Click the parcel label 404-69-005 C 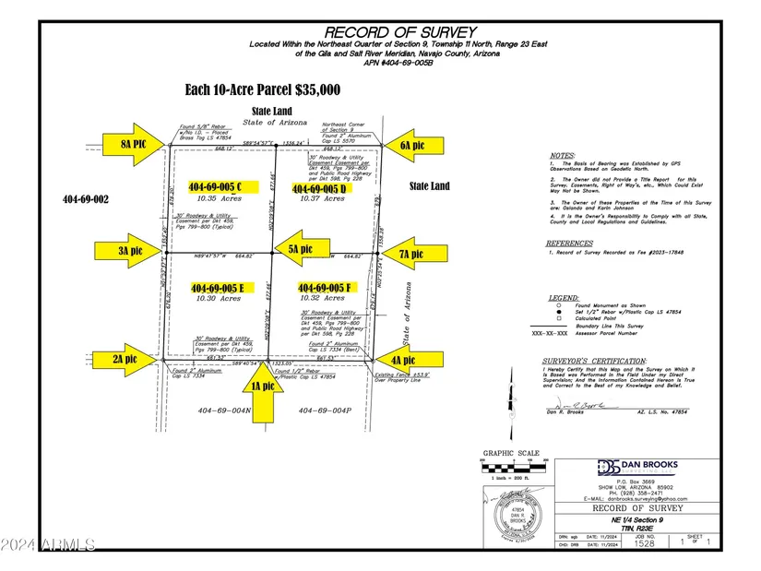click(x=221, y=186)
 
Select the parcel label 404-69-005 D click(x=321, y=189)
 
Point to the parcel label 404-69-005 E click(x=218, y=288)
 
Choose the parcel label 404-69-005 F click(x=321, y=288)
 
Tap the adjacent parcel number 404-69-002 click(x=86, y=198)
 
